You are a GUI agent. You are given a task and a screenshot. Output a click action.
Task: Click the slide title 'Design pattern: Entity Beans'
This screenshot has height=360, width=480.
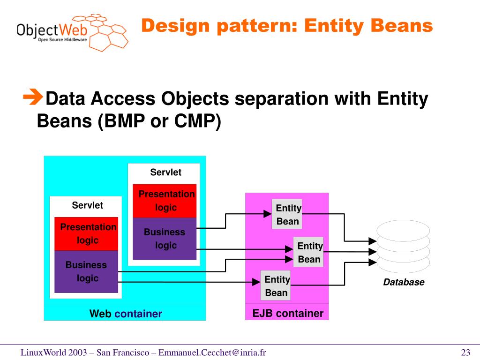pyautogui.click(x=287, y=26)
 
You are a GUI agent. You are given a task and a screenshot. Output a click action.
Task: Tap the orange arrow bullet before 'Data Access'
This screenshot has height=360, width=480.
pyautogui.click(x=32, y=98)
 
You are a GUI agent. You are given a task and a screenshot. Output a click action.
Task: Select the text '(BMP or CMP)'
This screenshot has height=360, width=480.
pyautogui.click(x=159, y=121)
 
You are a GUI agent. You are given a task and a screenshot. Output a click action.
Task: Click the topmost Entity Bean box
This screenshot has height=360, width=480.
pyautogui.click(x=287, y=214)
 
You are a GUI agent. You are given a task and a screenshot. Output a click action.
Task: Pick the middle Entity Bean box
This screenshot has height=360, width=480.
pyautogui.click(x=308, y=252)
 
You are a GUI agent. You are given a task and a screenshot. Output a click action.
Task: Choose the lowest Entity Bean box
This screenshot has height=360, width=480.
pyautogui.click(x=276, y=285)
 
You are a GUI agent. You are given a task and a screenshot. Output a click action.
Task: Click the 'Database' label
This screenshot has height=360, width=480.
pyautogui.click(x=404, y=282)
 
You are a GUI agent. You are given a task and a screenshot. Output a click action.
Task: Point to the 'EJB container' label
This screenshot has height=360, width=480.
pyautogui.click(x=287, y=313)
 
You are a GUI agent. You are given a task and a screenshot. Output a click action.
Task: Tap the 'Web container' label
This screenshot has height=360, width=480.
pyautogui.click(x=125, y=314)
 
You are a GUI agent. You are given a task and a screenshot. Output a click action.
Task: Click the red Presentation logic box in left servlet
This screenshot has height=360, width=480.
pyautogui.click(x=86, y=233)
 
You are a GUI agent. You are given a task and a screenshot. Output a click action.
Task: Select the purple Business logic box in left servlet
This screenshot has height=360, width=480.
pyautogui.click(x=86, y=272)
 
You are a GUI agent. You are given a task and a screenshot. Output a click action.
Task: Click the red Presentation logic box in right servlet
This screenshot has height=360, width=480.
pyautogui.click(x=165, y=201)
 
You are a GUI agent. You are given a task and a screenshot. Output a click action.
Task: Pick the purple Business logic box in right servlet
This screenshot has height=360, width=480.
pyautogui.click(x=165, y=239)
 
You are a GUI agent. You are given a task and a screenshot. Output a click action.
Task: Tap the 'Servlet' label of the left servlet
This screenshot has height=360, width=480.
pyautogui.click(x=87, y=205)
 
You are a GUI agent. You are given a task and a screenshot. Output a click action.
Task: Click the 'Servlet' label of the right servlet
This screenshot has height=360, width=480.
pyautogui.click(x=165, y=172)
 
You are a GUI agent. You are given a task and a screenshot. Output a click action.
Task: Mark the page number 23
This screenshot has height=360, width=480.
pyautogui.click(x=465, y=352)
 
